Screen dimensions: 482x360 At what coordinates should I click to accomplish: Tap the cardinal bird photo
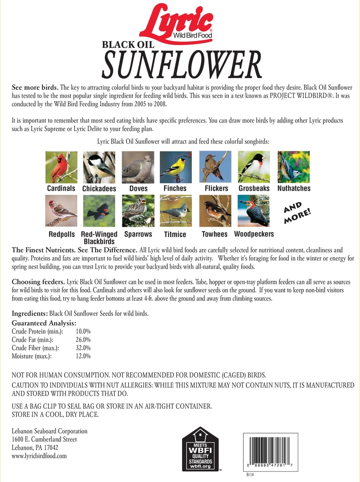coord(61,167)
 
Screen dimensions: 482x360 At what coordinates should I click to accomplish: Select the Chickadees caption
coord(99,188)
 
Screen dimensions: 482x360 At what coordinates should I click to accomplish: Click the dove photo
coord(138,167)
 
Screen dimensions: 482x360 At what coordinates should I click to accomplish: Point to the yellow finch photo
coord(175,167)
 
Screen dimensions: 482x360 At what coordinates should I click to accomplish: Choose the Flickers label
coord(216,188)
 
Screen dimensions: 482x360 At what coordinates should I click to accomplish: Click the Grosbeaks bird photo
coord(254,167)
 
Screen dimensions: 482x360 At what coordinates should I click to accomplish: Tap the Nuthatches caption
coord(294,188)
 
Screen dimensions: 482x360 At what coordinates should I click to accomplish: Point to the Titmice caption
coord(175,234)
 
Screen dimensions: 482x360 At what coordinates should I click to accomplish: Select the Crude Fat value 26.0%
coord(83,339)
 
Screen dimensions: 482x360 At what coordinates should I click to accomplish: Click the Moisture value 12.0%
coord(83,356)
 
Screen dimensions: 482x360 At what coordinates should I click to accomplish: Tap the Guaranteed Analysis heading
coord(44,323)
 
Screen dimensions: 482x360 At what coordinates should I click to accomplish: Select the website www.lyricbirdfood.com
coord(39,456)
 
